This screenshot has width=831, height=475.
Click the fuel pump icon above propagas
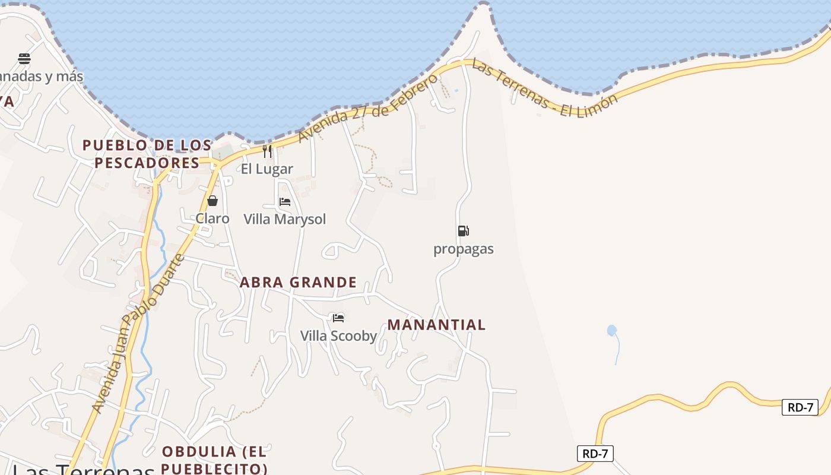point(463,231)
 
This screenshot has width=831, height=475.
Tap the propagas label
point(463,249)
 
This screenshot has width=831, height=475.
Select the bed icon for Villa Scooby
point(338,318)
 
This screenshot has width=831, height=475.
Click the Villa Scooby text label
point(338,336)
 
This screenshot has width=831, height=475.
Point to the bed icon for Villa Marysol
point(285,202)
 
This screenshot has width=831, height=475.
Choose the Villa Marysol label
point(285,219)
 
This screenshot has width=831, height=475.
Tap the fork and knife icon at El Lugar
point(267,151)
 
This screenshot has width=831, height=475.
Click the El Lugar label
point(267,169)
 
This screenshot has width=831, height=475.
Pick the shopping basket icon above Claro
point(212,201)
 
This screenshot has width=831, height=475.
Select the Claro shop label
point(212,218)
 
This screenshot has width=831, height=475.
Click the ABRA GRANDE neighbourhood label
point(298,282)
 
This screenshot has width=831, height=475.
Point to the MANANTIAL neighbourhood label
point(436,325)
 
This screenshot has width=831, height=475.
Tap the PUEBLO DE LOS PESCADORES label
point(147,154)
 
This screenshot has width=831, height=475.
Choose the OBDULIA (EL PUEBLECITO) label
point(214,460)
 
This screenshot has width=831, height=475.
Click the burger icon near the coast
point(24,58)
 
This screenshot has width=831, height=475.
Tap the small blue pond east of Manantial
point(612,330)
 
